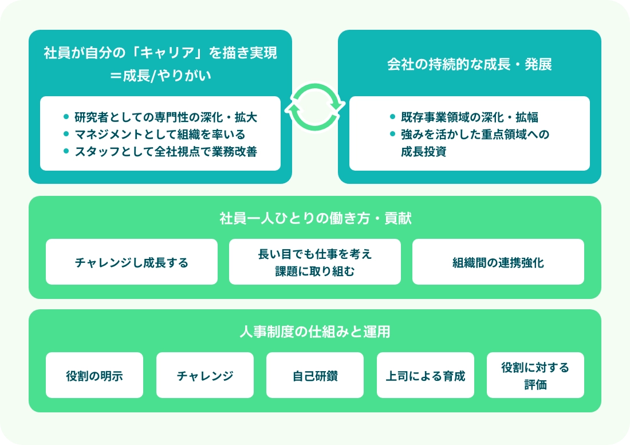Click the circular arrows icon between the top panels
(315, 107)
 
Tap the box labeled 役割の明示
(94, 375)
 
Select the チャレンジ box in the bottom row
(205, 375)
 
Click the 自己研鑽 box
(315, 375)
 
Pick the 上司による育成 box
(426, 375)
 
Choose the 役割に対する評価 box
(535, 375)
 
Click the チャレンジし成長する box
(132, 262)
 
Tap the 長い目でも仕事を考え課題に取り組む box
(315, 262)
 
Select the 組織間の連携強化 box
(498, 262)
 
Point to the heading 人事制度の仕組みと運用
(315, 332)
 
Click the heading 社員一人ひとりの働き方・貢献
(315, 218)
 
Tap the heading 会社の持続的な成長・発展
(470, 64)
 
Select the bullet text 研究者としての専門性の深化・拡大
(166, 117)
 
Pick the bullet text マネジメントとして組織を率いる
(160, 135)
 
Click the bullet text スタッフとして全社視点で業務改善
(166, 152)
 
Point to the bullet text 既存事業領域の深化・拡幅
(469, 117)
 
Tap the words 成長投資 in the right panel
(423, 152)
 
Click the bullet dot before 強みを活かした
(392, 134)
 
